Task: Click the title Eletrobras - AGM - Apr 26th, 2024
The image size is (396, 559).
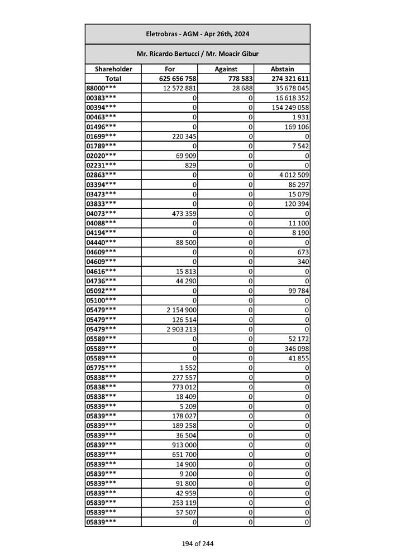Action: click(x=197, y=34)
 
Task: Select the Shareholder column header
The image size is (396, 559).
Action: click(x=113, y=69)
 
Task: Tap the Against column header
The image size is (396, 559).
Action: click(x=226, y=69)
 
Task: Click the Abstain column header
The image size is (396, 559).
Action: click(x=282, y=69)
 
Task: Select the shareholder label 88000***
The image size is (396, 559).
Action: click(x=101, y=88)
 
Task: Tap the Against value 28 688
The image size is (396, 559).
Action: click(x=240, y=88)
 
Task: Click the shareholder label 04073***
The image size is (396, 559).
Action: click(x=101, y=213)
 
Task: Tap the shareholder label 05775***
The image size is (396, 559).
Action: click(x=101, y=368)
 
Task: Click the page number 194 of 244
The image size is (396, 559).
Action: click(x=197, y=543)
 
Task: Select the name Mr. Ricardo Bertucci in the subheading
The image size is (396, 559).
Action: click(x=166, y=54)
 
